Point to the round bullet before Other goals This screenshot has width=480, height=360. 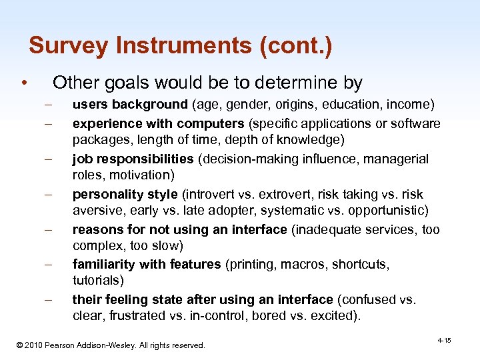point(23,83)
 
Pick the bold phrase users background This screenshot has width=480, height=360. point(130,105)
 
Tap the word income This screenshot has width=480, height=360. point(410,105)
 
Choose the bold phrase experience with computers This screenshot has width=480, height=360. point(153,123)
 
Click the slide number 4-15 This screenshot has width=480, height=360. point(444,341)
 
